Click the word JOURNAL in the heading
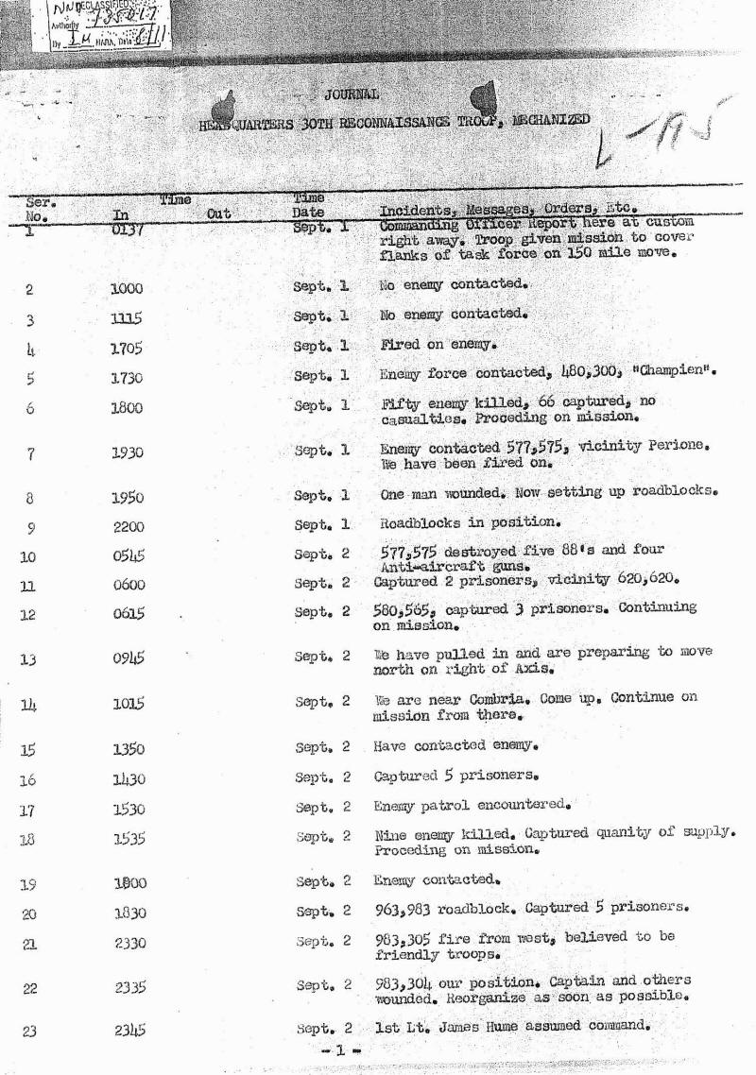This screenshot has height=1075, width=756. (x=352, y=94)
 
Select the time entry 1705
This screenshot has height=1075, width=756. (x=127, y=349)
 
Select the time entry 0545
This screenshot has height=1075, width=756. (x=127, y=555)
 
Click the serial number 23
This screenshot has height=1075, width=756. (x=28, y=1032)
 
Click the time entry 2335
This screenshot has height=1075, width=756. (x=128, y=988)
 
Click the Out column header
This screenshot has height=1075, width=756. (x=218, y=214)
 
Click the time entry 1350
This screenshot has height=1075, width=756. (x=127, y=749)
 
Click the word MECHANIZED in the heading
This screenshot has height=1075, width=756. (x=552, y=120)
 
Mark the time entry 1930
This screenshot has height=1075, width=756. (x=127, y=453)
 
